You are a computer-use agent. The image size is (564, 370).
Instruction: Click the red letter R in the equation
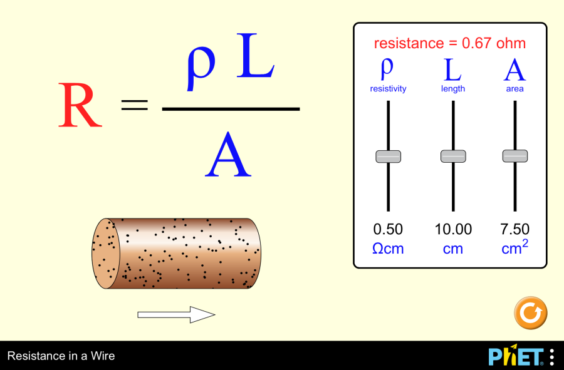(80, 105)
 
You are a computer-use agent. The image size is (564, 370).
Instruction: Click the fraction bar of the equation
(231, 109)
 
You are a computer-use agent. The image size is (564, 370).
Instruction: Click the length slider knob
(453, 157)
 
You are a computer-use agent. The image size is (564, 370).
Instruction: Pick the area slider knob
(515, 157)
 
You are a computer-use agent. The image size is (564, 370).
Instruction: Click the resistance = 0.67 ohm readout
(450, 43)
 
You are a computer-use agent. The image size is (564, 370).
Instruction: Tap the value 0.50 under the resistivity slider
(388, 229)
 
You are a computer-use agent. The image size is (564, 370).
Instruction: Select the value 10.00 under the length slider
(453, 229)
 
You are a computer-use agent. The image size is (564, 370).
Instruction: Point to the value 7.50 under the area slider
(515, 229)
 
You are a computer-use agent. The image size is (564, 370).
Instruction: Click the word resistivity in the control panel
(388, 89)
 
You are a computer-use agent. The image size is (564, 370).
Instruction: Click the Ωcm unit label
(388, 249)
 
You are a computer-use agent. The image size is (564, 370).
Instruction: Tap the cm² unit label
(515, 248)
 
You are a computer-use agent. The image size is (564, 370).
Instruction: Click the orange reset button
(530, 312)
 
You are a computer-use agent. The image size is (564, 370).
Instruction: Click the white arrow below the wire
(176, 315)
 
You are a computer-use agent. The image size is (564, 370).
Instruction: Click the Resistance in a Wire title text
(61, 356)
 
